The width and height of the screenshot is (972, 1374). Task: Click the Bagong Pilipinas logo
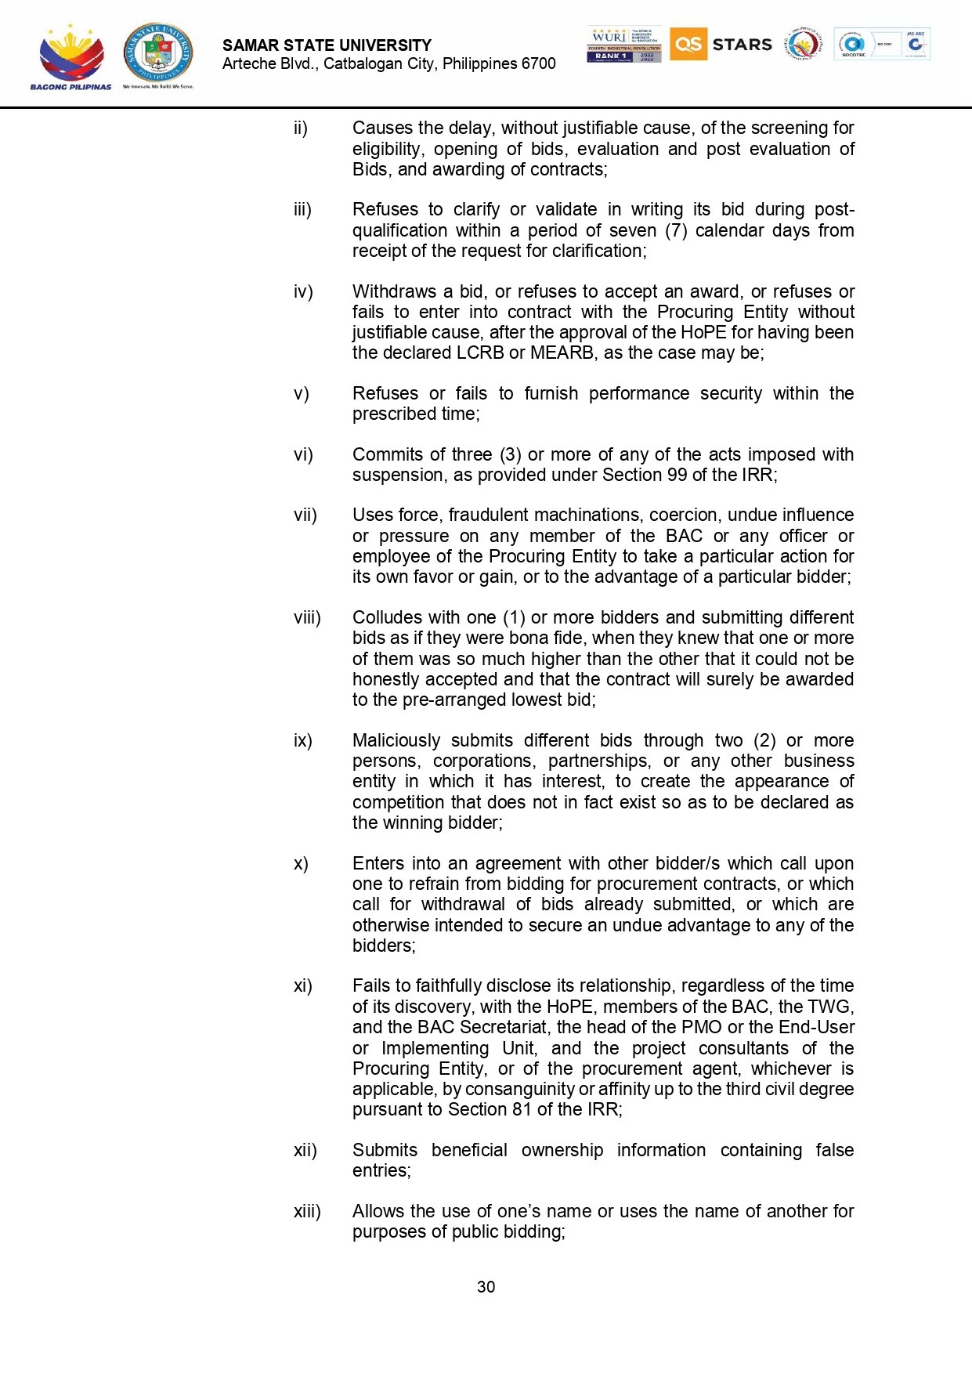pos(70,57)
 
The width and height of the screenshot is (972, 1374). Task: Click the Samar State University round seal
pos(158,53)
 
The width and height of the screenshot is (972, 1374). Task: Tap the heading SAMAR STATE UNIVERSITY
pos(327,45)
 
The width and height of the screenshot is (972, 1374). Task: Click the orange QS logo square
pos(688,44)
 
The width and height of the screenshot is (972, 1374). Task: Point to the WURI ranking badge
pos(623,44)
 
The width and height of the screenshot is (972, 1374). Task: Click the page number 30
pos(486,1287)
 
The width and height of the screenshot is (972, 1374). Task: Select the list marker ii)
pos(301,128)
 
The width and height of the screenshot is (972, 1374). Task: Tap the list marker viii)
pos(307,618)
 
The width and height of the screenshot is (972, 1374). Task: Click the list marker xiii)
pos(307,1212)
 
